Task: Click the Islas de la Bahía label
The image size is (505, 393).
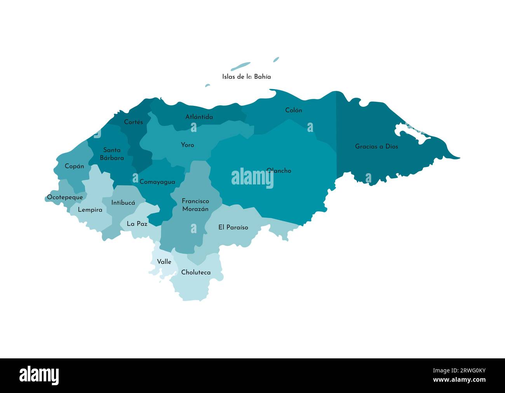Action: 246,77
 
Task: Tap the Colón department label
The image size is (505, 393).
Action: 293,110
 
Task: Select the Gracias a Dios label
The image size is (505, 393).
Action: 376,147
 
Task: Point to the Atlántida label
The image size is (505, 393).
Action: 199,117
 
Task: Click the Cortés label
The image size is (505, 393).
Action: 133,122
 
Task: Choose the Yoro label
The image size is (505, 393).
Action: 187,145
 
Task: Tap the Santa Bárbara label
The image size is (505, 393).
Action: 111,154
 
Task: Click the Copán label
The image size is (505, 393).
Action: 74,166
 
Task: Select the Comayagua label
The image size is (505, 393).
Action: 157,182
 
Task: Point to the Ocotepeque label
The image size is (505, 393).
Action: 65,197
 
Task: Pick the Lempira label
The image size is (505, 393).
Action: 90,210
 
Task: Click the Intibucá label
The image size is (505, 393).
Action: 123,203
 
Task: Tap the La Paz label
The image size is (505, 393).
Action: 137,224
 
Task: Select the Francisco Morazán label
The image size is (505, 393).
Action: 195,205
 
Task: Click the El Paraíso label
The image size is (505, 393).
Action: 233,227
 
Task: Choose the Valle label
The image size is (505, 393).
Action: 164,261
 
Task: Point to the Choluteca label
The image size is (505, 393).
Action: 196,272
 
